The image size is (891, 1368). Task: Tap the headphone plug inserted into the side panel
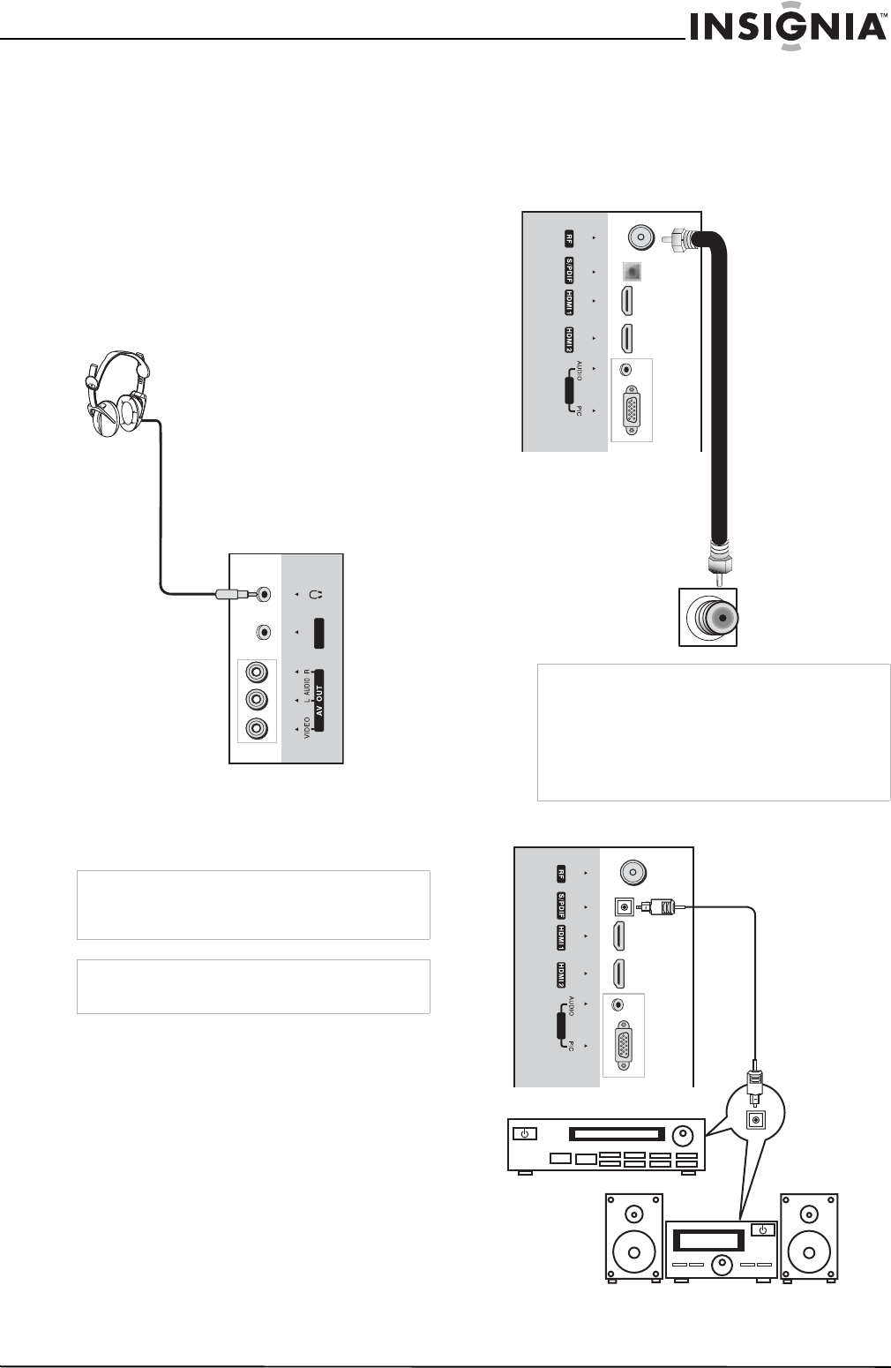[x=232, y=594]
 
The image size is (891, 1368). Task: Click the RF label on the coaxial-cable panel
[x=570, y=237]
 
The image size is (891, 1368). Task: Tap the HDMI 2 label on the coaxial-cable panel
[x=570, y=338]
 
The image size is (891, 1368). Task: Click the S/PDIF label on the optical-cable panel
[x=561, y=906]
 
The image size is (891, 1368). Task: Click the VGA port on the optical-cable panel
[x=624, y=1046]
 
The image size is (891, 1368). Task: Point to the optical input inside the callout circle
[x=753, y=1120]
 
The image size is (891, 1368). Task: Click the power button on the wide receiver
[x=525, y=1134]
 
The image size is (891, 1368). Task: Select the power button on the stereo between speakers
[x=762, y=1229]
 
